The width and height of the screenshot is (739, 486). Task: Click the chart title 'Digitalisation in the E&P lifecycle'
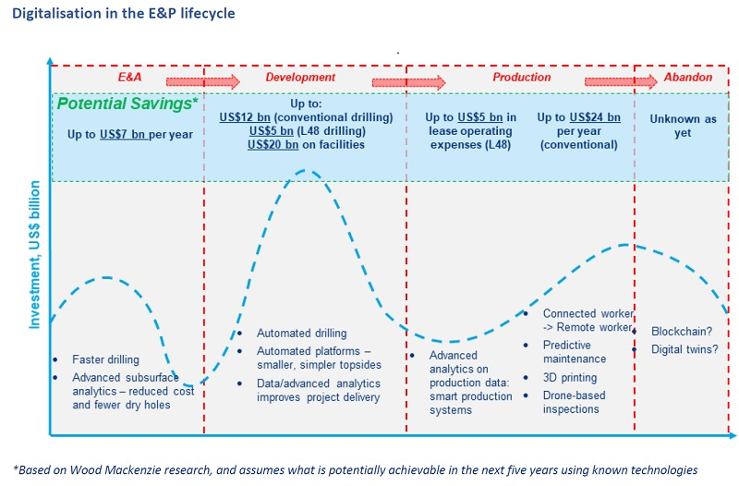click(123, 14)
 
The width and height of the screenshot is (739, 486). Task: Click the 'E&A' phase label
click(130, 78)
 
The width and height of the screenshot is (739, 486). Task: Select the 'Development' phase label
click(300, 78)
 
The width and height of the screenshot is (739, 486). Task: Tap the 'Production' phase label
click(521, 78)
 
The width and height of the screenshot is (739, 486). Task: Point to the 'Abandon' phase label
click(688, 78)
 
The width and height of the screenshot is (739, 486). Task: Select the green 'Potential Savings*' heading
click(127, 103)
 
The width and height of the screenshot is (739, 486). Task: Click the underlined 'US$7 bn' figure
click(127, 134)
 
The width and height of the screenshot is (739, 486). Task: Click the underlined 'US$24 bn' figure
click(595, 117)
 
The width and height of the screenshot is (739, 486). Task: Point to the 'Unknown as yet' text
click(683, 126)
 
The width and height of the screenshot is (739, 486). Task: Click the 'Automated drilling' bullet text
click(301, 333)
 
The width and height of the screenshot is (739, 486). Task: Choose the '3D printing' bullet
click(570, 377)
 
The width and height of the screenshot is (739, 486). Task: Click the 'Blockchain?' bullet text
click(683, 332)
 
